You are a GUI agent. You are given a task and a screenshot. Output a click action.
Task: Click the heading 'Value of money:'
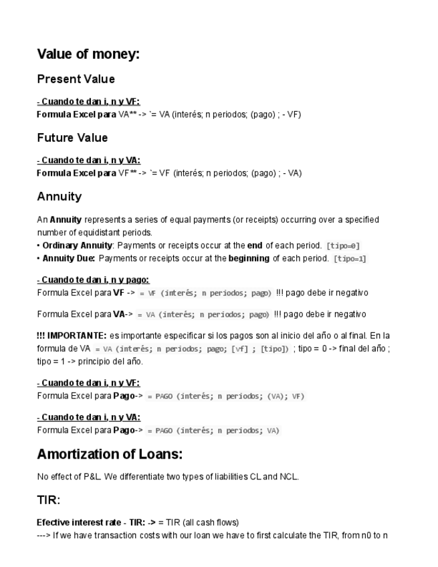(x=88, y=54)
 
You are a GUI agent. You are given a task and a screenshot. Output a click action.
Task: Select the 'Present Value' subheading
(x=76, y=79)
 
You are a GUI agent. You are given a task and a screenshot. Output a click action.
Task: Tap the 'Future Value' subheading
(x=72, y=138)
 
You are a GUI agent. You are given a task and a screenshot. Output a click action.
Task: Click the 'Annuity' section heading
(x=59, y=197)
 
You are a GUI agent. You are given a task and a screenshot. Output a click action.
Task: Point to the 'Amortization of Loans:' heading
(x=110, y=455)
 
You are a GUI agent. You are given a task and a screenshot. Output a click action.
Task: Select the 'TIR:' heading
(x=49, y=499)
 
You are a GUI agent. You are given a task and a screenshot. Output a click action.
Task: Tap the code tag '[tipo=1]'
(x=350, y=259)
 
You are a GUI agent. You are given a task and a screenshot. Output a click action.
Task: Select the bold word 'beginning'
(x=249, y=258)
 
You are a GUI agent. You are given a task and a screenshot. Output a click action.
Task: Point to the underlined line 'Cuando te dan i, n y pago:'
(x=93, y=279)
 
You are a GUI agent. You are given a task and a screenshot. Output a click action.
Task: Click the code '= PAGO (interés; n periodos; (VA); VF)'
(x=226, y=396)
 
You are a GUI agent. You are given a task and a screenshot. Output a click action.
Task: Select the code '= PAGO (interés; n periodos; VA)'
(x=213, y=431)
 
